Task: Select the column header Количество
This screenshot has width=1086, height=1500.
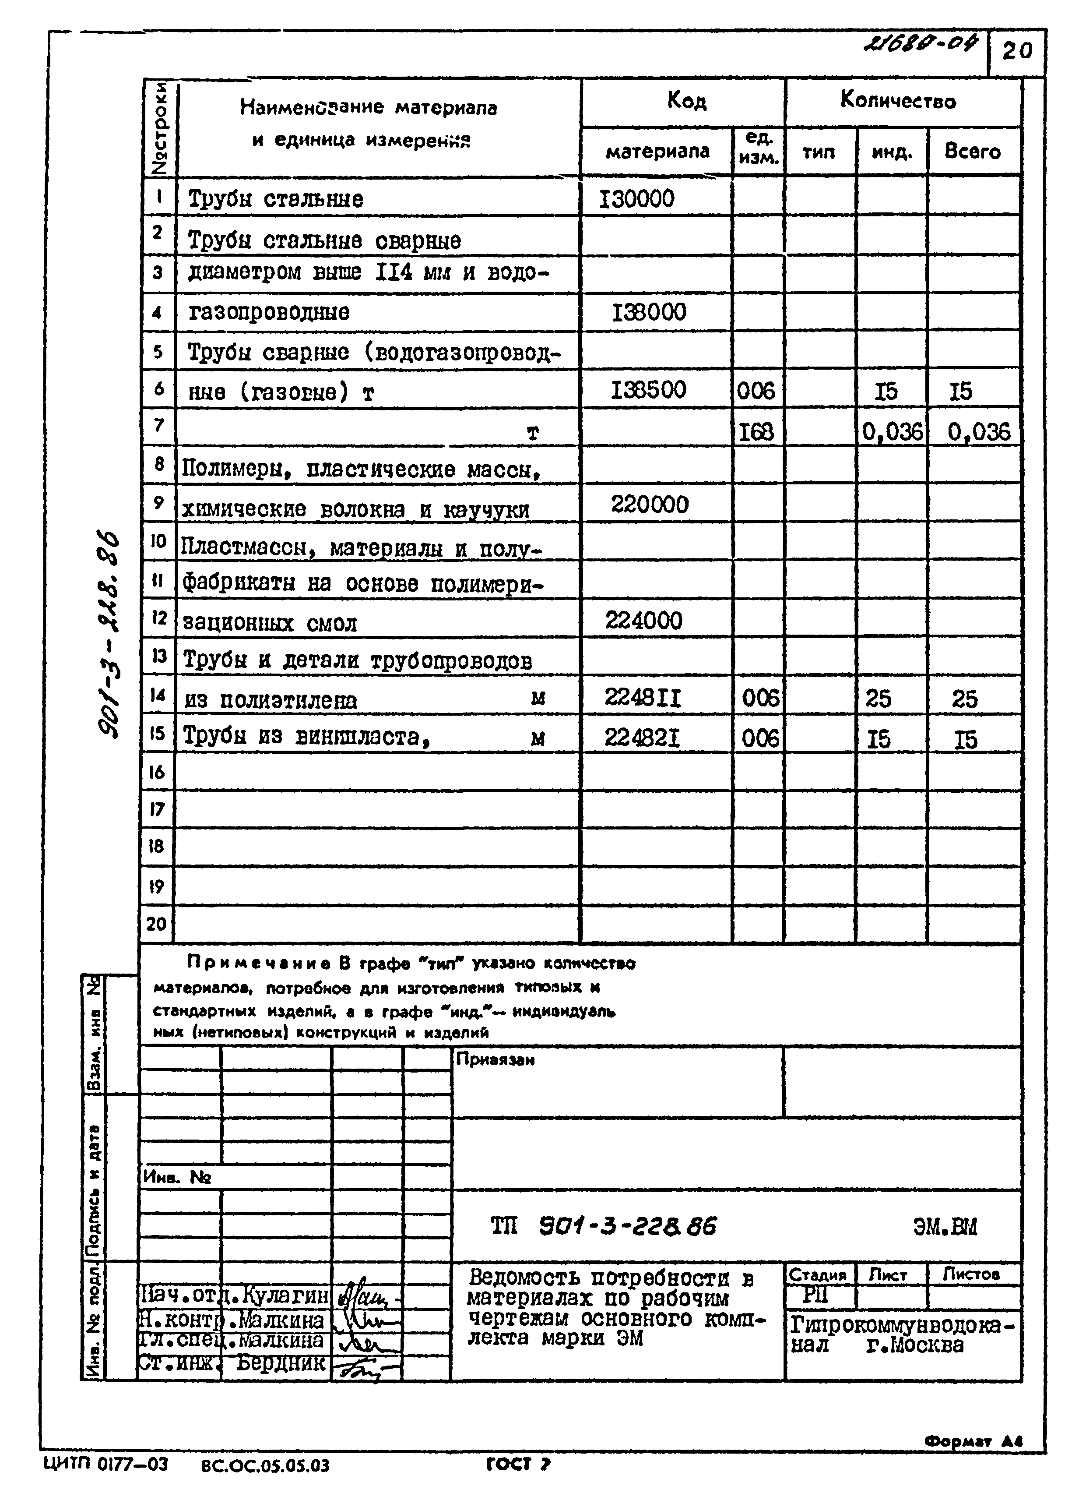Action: pyautogui.click(x=898, y=101)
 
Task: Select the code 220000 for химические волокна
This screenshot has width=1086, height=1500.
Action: pyautogui.click(x=649, y=505)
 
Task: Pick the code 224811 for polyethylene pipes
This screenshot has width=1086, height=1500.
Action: pyautogui.click(x=643, y=698)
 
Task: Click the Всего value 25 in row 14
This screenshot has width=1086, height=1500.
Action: pyautogui.click(x=964, y=699)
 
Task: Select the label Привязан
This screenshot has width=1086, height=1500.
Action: pyautogui.click(x=495, y=1059)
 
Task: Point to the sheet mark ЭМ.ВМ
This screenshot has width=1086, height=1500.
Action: pyautogui.click(x=945, y=1228)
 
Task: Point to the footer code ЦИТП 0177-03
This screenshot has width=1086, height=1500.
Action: pyautogui.click(x=106, y=1464)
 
